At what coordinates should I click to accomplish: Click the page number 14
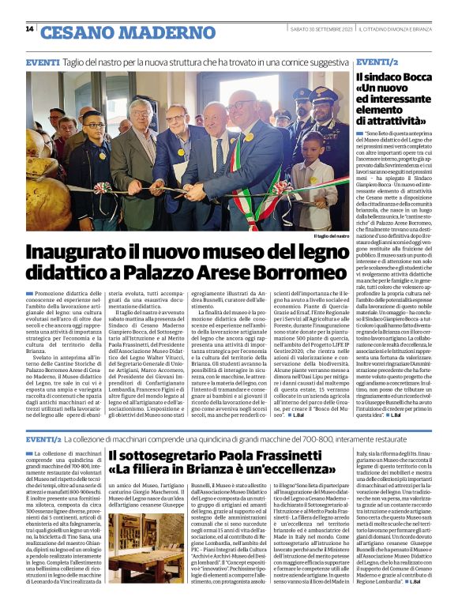[x=29, y=28]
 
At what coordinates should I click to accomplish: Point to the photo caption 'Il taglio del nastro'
[x=331, y=236]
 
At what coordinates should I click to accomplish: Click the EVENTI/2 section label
[x=377, y=62]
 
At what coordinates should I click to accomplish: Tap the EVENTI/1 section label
[x=44, y=439]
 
